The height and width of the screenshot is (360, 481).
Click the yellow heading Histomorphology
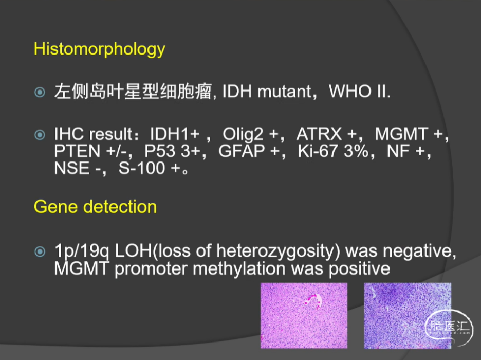(99, 49)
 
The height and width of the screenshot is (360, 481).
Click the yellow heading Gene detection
(95, 207)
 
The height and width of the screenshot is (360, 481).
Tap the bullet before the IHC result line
(40, 135)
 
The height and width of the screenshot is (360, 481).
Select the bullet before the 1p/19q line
(40, 251)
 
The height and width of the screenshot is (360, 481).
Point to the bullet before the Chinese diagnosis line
(40, 92)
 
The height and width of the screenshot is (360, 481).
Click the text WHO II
(360, 92)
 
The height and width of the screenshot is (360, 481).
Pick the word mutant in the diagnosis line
(284, 92)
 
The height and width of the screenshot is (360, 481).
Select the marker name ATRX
(319, 134)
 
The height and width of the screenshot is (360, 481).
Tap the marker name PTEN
(77, 151)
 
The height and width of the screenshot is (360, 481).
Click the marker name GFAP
(242, 151)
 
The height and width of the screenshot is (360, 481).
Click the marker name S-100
(142, 168)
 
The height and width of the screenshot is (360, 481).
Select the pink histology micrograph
(304, 315)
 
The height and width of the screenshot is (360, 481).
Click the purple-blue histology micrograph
(408, 315)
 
